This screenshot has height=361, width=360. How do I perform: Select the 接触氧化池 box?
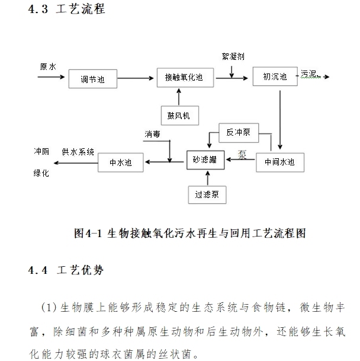click(x=184, y=77)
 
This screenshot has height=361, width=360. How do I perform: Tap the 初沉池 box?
click(x=274, y=76)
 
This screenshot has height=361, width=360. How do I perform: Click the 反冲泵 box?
click(x=238, y=132)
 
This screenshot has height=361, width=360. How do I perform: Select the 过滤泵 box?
click(x=207, y=194)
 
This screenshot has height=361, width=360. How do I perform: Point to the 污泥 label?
click(x=310, y=74)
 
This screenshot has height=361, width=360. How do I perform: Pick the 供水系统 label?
click(x=78, y=152)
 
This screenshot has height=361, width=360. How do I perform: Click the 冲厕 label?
click(x=41, y=151)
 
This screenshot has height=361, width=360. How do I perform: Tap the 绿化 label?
click(x=41, y=173)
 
